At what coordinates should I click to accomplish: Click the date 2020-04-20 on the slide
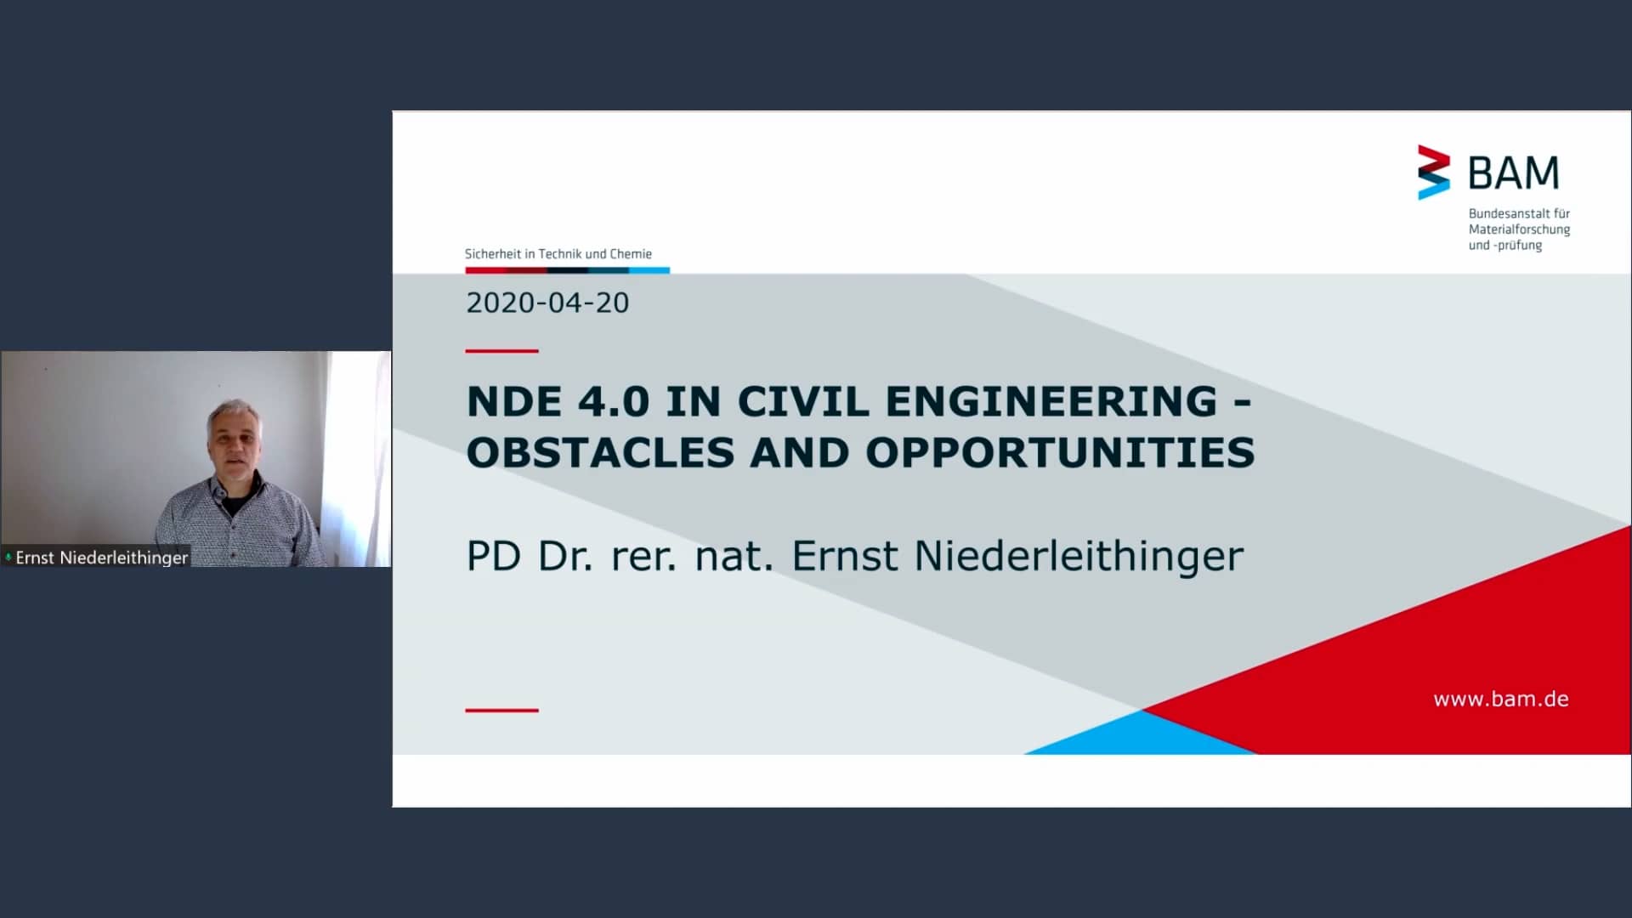(x=547, y=303)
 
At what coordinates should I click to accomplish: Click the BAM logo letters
(x=1514, y=173)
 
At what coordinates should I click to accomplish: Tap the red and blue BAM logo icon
(x=1433, y=173)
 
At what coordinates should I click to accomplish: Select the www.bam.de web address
(x=1501, y=699)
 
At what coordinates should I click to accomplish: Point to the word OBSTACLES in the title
(x=600, y=452)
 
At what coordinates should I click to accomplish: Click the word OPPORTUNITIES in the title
(x=1060, y=452)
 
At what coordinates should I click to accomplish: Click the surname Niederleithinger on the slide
(x=1079, y=556)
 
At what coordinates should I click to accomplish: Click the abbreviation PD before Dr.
(x=494, y=556)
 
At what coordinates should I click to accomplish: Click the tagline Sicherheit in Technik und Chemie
(x=558, y=254)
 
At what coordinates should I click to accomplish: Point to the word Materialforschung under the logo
(x=1519, y=229)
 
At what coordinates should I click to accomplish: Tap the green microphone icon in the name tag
(x=8, y=558)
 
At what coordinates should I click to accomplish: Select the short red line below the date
(x=501, y=350)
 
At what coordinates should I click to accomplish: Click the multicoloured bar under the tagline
(x=568, y=270)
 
